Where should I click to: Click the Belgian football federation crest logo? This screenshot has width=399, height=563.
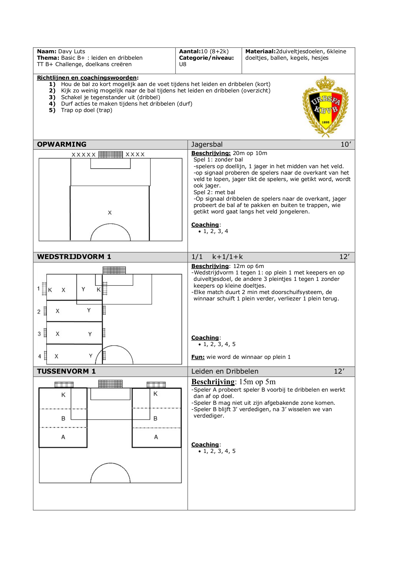pos(325,106)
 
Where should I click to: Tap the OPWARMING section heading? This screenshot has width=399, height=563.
pos(62,144)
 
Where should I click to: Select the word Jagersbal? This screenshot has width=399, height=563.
pos(207,144)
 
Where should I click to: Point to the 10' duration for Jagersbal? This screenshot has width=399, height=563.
pos(346,144)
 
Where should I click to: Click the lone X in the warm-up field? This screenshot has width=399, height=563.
pos(110,212)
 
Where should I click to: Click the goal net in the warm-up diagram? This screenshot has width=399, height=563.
pos(111,155)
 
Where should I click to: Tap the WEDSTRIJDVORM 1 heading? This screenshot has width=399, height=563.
pos(74,257)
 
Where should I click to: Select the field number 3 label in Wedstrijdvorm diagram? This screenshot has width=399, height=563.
pos(39,334)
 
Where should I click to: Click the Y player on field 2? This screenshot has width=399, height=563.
pos(89,310)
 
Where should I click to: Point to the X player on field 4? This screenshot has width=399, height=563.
pos(57,356)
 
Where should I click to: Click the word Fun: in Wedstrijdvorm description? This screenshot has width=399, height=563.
pos(198,357)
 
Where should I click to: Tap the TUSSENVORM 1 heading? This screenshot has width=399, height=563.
pos(66,371)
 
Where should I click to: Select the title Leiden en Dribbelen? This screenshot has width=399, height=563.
pos(225,371)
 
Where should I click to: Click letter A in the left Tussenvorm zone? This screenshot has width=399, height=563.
pos(63,437)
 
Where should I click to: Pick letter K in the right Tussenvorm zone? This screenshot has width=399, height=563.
pos(156,394)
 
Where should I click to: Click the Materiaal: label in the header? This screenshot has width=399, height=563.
pos(260,51)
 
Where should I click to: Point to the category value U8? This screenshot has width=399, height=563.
pos(183,64)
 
